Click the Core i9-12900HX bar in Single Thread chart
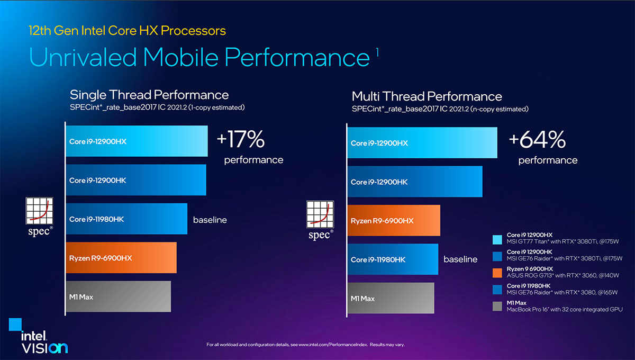point(137,141)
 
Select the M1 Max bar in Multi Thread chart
point(391,299)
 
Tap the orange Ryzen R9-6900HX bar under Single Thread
point(121,258)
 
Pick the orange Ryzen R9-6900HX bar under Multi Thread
point(394,221)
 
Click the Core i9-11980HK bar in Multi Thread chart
point(393,259)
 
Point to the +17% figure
point(240,140)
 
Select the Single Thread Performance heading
point(149,95)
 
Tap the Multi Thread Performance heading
point(427,96)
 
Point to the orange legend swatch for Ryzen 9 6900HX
point(496,272)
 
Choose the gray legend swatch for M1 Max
point(496,305)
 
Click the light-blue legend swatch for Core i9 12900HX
point(496,238)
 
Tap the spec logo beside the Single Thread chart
point(40,217)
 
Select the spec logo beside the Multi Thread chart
point(321,219)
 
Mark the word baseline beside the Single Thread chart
point(210,220)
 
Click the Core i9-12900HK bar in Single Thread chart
point(135,180)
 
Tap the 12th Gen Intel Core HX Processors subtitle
point(127,31)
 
